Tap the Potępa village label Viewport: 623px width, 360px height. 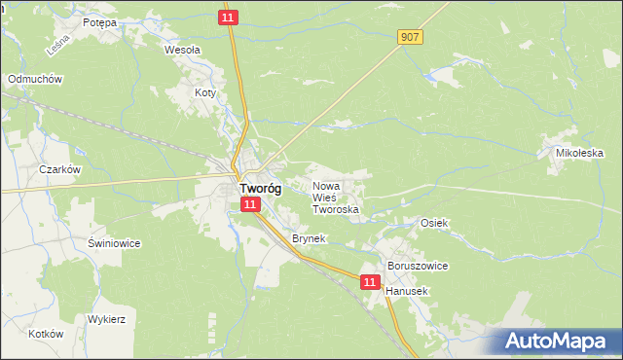[99, 22]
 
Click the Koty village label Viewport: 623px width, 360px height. [204, 93]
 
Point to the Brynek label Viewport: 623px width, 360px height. [308, 238]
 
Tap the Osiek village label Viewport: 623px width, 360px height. [433, 223]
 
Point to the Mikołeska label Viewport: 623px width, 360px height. [580, 154]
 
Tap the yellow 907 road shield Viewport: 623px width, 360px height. [410, 37]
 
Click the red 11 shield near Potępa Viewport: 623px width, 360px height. [227, 18]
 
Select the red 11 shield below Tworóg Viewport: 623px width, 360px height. [250, 204]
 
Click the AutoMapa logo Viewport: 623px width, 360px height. [559, 341]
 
